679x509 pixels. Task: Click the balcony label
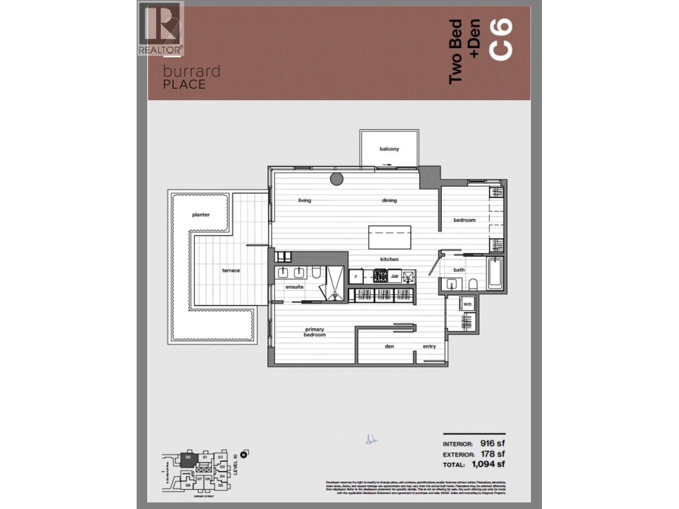(x=389, y=149)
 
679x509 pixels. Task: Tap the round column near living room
(x=337, y=179)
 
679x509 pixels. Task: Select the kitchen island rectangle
(x=390, y=237)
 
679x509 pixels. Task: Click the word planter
(x=201, y=215)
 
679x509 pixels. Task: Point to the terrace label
(x=231, y=270)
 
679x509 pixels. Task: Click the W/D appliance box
(x=467, y=304)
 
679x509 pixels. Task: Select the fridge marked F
(x=356, y=277)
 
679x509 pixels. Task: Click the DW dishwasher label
(x=395, y=277)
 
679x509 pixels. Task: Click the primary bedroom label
(x=314, y=332)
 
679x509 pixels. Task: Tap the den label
(x=389, y=346)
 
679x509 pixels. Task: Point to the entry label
(x=429, y=346)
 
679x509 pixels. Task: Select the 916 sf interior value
(x=492, y=443)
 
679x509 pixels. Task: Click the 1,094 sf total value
(x=488, y=464)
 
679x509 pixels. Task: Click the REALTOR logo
(x=161, y=29)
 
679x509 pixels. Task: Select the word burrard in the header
(x=192, y=71)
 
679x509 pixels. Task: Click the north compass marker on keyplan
(x=244, y=455)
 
